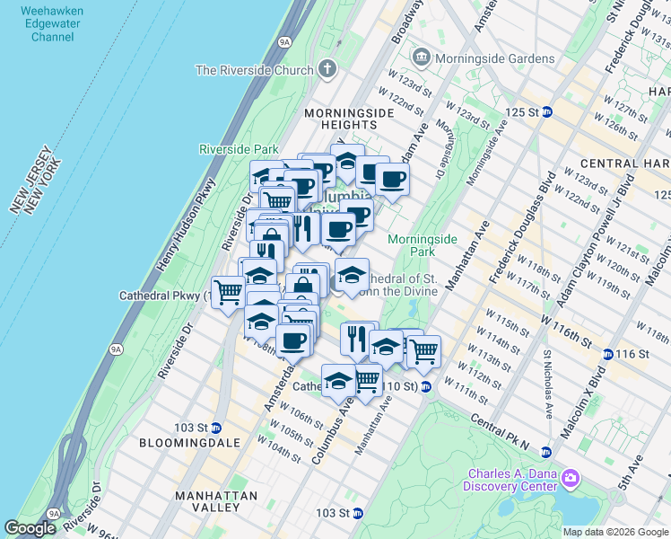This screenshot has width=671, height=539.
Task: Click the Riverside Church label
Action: (x=255, y=70)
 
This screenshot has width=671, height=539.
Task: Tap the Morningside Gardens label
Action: (x=494, y=58)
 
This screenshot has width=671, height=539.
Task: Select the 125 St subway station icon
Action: (x=547, y=112)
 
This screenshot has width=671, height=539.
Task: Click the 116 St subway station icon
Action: (x=608, y=355)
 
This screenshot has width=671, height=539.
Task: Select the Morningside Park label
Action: (x=423, y=245)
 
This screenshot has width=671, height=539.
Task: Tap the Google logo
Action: (x=30, y=528)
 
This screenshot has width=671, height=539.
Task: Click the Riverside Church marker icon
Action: (x=327, y=68)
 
